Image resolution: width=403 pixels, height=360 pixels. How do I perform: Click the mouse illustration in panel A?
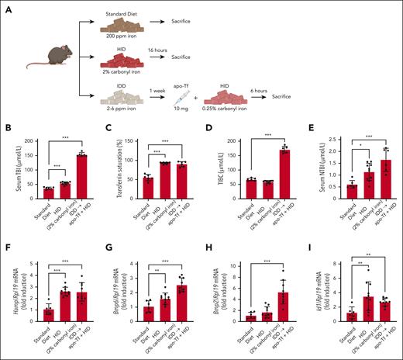pyautogui.click(x=42, y=60)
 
